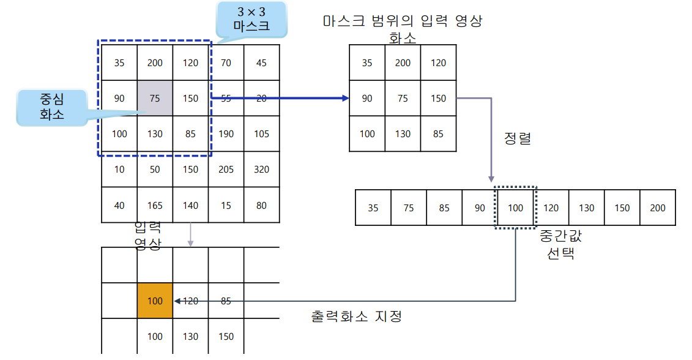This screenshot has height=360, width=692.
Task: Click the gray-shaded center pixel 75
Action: [x=155, y=98]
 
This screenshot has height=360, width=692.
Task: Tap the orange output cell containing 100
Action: [x=155, y=301]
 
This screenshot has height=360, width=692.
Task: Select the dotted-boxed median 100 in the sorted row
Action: [x=516, y=208]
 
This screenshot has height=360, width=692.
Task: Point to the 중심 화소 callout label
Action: [x=51, y=107]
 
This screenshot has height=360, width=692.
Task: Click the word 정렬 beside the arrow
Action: [x=517, y=138]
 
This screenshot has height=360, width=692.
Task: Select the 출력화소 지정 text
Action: [x=357, y=317]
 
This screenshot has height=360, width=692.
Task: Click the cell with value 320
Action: [x=262, y=169]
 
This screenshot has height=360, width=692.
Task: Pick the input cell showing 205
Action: [x=226, y=169]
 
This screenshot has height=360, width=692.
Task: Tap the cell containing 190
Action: [x=226, y=133]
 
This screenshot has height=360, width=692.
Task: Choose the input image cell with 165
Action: [x=155, y=205]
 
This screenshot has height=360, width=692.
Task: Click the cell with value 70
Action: [x=226, y=62]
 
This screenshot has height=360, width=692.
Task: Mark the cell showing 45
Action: [x=262, y=62]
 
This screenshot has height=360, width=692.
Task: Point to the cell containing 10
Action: [x=119, y=169]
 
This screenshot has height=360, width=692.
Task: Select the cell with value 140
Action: [x=190, y=205]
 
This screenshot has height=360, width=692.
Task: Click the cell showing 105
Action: [x=262, y=133]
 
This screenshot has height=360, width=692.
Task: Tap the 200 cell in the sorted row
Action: [x=658, y=208]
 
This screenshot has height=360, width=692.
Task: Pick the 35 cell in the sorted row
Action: [x=373, y=208]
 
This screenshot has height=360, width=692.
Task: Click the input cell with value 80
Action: [x=262, y=205]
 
